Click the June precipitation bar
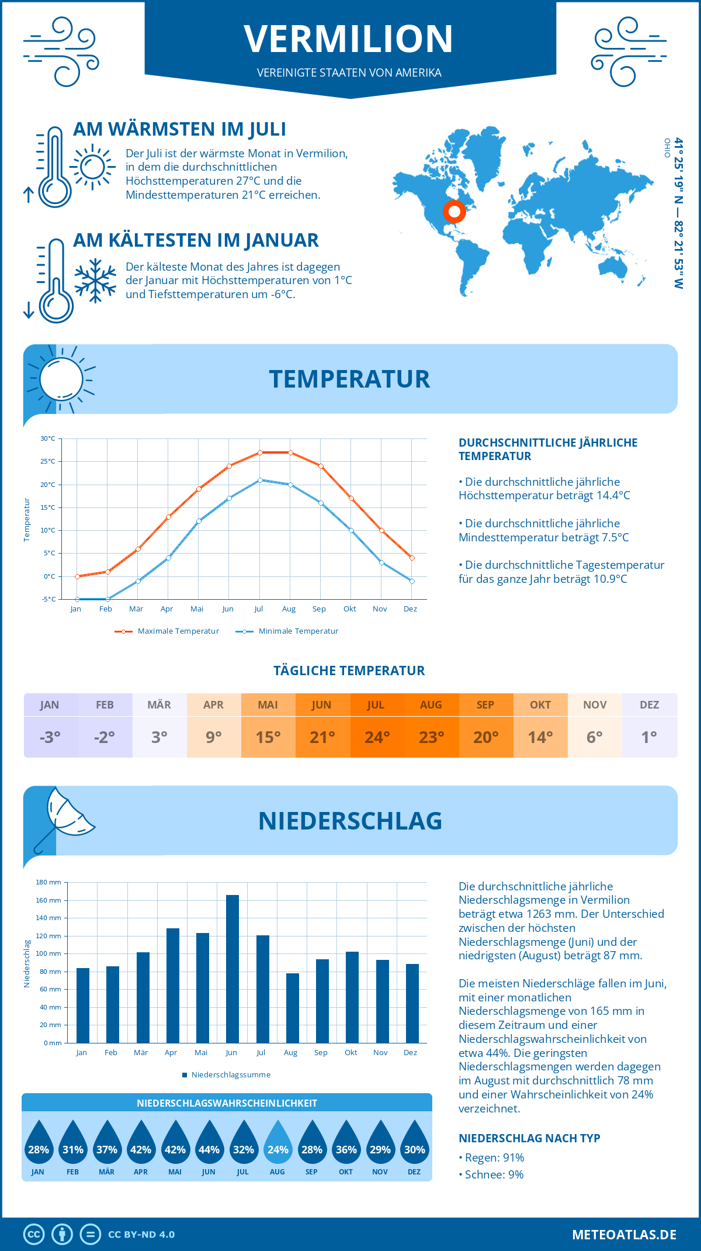point(232,969)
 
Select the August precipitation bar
point(292,1008)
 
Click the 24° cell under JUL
point(377,737)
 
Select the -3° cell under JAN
point(50,737)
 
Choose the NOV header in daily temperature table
point(595,705)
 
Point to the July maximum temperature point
point(260,452)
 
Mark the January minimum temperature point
point(77,599)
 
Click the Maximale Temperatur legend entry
point(167,631)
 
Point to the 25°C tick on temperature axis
point(48,461)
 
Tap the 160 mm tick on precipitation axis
point(48,900)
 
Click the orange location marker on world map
point(454,212)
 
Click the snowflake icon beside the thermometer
point(95,281)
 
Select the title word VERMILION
point(349,39)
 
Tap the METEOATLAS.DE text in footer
point(624,1235)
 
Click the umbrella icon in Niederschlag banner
point(64,815)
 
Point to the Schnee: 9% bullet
point(491,1174)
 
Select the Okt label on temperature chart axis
point(349,609)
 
